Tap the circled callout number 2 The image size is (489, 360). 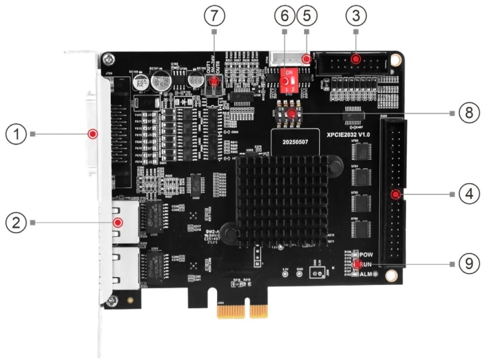[17, 222]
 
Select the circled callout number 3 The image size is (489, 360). [355, 16]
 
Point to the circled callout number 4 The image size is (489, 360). [469, 194]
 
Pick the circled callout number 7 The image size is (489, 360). [215, 16]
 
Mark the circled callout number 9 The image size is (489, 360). [469, 264]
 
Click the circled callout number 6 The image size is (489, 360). [285, 16]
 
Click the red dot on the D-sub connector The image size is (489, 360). [92, 134]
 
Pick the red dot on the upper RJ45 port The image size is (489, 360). [118, 222]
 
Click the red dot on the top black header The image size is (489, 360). [357, 59]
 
